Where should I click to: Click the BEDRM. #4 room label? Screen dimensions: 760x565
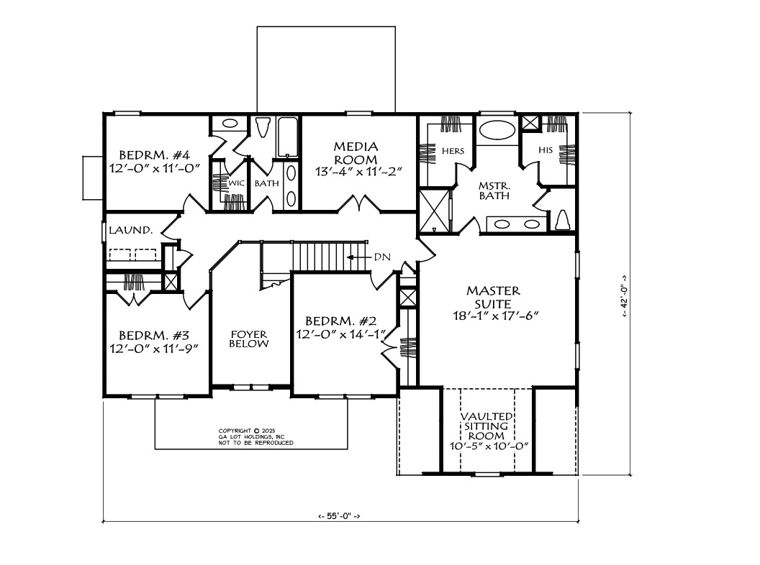tap(155, 155)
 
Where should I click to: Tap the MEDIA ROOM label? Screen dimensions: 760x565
tap(356, 153)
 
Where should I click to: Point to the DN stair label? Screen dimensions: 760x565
tap(382, 257)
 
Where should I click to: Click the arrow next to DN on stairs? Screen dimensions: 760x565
tap(358, 257)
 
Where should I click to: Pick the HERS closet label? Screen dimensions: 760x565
tap(453, 151)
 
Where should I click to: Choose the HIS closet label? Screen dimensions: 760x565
tap(546, 150)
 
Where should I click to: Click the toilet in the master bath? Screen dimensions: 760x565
tap(562, 220)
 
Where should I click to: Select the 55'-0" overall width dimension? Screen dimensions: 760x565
tap(339, 516)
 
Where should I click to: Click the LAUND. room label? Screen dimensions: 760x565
tap(131, 231)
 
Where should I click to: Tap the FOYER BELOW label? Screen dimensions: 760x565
tap(248, 339)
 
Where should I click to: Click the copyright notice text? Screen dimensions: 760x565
tap(256, 437)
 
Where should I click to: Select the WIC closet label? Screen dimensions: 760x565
tap(237, 183)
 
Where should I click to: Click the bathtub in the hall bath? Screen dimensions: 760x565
tap(287, 137)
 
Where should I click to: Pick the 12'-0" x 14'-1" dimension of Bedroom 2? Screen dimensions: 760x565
tap(342, 334)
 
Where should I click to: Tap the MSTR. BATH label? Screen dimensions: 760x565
tap(494, 190)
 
